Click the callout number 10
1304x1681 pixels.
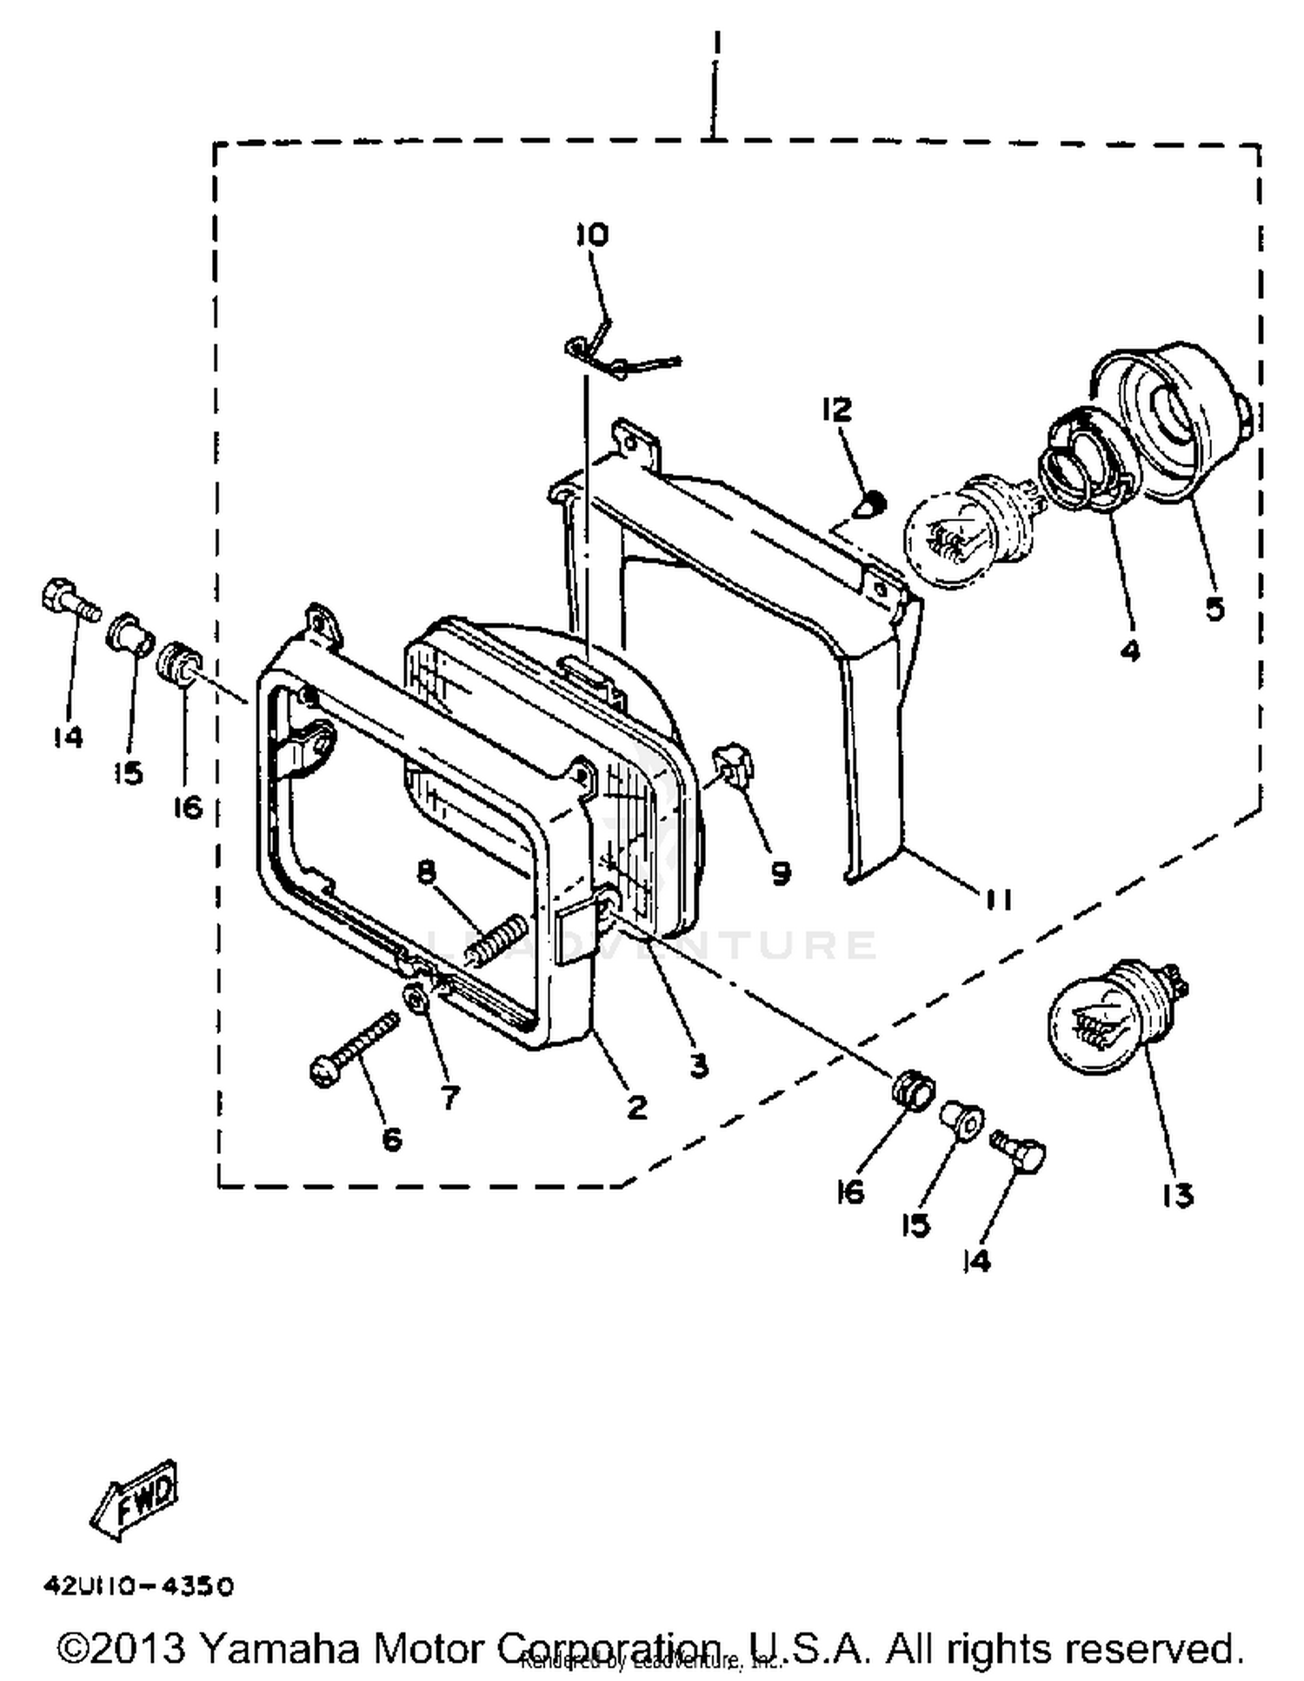click(x=592, y=235)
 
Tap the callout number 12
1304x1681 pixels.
click(x=837, y=410)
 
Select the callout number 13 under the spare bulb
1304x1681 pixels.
click(x=1178, y=1196)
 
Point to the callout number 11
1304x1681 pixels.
click(x=998, y=899)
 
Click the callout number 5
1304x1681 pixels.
click(x=1214, y=609)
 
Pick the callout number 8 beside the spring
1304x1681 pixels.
click(x=425, y=871)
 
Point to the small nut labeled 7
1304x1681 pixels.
click(x=417, y=999)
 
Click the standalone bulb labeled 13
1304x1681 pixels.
click(x=1113, y=1009)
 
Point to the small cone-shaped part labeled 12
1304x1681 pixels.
click(x=870, y=504)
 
